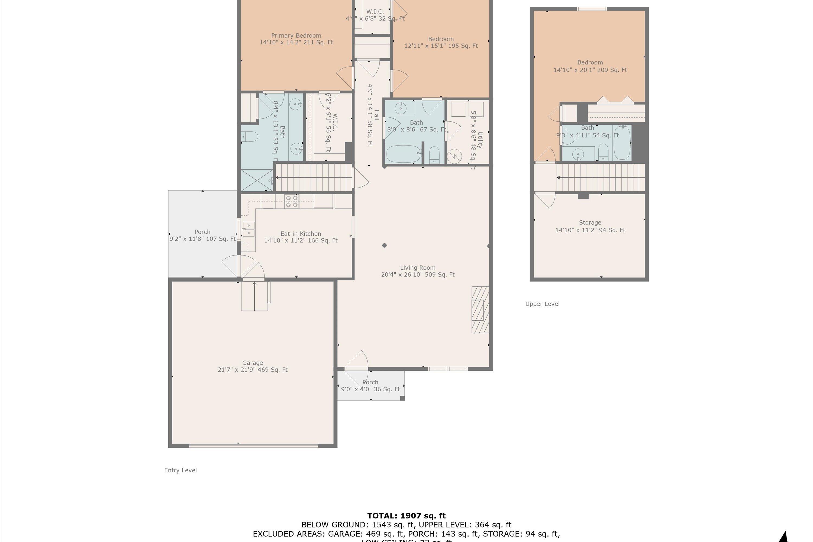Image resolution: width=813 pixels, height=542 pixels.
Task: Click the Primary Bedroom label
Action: (x=296, y=39)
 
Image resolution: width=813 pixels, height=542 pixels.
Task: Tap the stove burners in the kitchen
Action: (x=292, y=201)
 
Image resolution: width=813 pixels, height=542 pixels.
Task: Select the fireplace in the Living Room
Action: (x=480, y=309)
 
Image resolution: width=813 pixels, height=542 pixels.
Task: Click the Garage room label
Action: (x=252, y=366)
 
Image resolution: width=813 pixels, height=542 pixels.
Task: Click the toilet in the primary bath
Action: (x=250, y=137)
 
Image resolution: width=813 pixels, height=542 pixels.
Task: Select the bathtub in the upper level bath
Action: (x=622, y=143)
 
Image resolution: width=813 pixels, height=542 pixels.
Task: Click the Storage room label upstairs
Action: (x=590, y=226)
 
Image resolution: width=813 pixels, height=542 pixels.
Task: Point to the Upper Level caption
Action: (x=542, y=304)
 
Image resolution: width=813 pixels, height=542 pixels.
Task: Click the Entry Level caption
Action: (x=180, y=470)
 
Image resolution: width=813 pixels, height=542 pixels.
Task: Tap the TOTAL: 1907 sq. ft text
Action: (x=406, y=516)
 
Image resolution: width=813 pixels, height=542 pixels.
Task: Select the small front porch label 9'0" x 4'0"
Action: (x=370, y=386)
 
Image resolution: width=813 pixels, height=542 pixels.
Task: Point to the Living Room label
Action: (x=418, y=271)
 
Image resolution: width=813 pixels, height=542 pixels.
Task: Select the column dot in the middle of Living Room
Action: (x=384, y=246)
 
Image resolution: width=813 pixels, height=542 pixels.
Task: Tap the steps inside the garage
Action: (x=254, y=296)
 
